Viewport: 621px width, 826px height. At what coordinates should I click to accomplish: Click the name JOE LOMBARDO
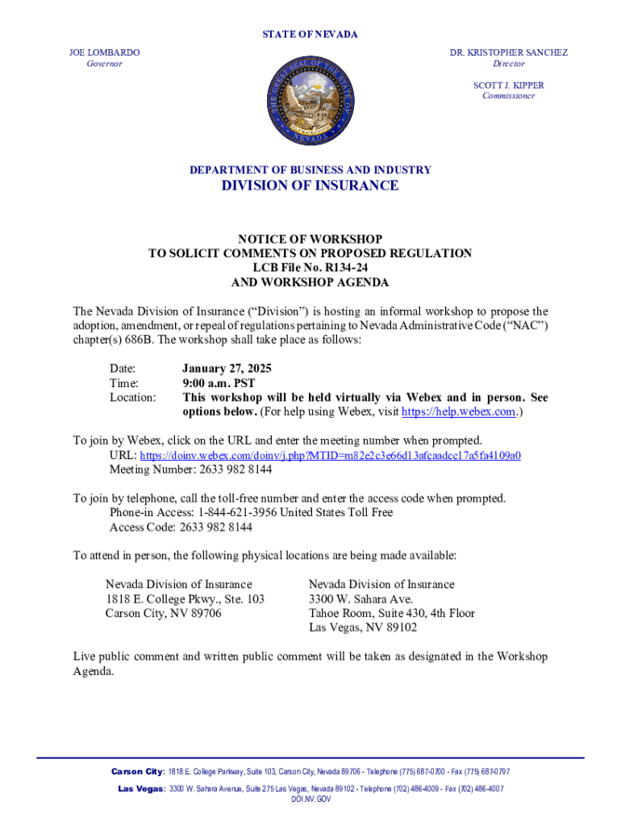click(x=104, y=52)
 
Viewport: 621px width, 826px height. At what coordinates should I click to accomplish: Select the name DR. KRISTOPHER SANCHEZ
click(x=508, y=52)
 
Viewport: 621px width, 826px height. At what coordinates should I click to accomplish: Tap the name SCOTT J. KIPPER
click(x=508, y=85)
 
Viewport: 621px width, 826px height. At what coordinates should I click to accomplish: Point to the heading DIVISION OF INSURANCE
click(x=310, y=186)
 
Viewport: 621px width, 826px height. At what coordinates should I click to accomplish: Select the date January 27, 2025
click(x=227, y=369)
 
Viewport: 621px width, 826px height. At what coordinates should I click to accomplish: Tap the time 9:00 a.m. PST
click(x=219, y=383)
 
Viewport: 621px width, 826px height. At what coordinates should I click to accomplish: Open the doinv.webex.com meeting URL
click(x=330, y=455)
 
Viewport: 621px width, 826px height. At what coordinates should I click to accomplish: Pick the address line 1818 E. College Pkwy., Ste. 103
click(x=185, y=599)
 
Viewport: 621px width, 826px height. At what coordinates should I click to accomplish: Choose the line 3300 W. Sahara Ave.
click(x=361, y=599)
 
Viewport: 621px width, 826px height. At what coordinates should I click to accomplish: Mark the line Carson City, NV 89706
click(x=163, y=613)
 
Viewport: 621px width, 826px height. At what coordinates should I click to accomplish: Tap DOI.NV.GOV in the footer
click(x=310, y=799)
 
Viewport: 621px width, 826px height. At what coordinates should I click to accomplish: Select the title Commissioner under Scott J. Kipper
click(x=508, y=96)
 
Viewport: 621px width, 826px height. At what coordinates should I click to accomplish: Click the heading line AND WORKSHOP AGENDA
click(x=310, y=283)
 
